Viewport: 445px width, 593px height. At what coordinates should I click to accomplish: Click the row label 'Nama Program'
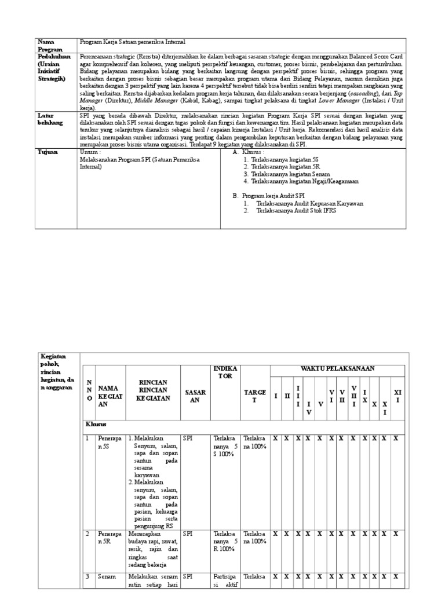coord(50,46)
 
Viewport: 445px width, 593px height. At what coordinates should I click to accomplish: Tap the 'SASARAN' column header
coord(195,396)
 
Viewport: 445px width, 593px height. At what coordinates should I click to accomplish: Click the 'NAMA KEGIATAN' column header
coord(108,396)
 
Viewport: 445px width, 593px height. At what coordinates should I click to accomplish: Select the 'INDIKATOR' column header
coord(226,372)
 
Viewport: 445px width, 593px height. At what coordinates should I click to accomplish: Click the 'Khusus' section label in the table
coord(96,425)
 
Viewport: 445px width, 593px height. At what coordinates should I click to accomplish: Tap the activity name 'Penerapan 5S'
coord(109,443)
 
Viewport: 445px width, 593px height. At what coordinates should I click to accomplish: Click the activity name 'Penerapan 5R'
coord(109,537)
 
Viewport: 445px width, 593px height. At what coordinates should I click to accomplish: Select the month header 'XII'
coord(396,396)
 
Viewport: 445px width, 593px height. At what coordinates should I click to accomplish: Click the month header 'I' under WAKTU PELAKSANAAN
coord(276,396)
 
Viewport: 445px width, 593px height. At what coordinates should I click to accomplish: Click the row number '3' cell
coord(88,577)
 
